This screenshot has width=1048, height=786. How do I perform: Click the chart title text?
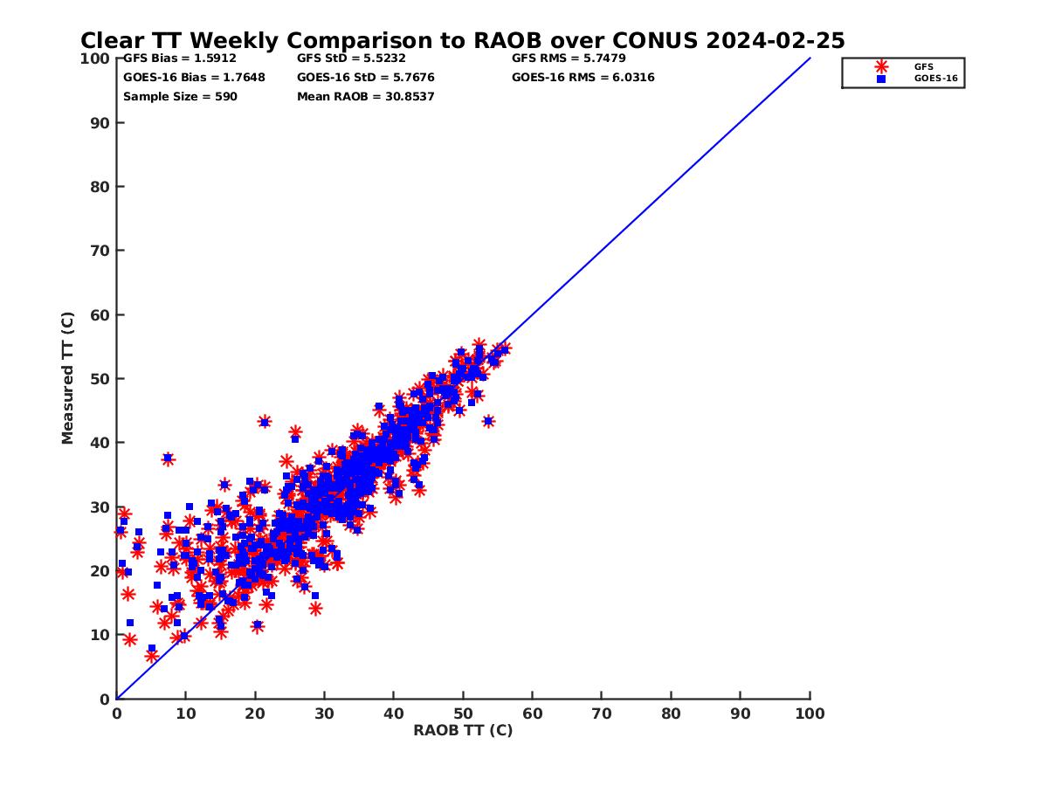pos(462,41)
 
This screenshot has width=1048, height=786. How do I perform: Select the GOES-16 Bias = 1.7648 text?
pos(194,78)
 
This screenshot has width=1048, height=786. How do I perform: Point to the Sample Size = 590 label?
pos(180,96)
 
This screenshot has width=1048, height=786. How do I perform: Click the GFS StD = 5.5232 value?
pos(351,59)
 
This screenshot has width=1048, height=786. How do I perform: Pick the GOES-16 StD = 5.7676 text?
pos(366,78)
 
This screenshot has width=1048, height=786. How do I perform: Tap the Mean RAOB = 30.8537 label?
pos(366,96)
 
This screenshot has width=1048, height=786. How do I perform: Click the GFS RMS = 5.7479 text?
pos(569,59)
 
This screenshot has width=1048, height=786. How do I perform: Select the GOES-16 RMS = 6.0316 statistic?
pos(583,78)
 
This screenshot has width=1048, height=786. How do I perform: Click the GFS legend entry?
pos(923,66)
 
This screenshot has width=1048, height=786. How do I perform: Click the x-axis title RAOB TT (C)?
pos(463,730)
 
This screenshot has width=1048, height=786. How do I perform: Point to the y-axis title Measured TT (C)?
pos(68,378)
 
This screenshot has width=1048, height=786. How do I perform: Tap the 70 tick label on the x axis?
pos(602,714)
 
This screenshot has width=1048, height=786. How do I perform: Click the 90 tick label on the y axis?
pos(100,123)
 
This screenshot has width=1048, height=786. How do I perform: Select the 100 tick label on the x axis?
pos(810,714)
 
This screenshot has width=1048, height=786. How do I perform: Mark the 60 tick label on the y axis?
pos(100,315)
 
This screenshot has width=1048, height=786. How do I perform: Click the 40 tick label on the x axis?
pos(394,714)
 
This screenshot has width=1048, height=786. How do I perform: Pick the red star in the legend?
pos(881,66)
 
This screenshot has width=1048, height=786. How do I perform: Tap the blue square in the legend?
pos(881,79)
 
